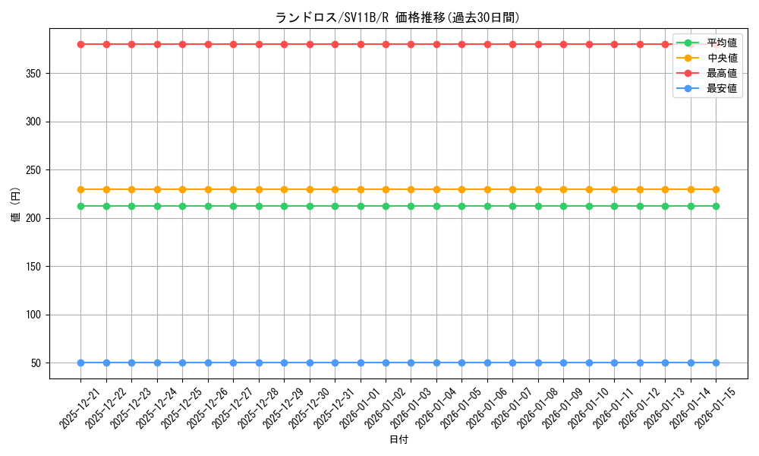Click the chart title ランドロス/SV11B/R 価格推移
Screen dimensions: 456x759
[x=398, y=17]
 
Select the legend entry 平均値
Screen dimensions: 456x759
[x=721, y=43]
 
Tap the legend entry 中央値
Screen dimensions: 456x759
[x=721, y=58]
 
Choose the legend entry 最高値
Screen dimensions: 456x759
[x=721, y=73]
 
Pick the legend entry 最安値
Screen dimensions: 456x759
[x=721, y=88]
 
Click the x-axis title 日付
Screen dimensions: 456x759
[x=398, y=440]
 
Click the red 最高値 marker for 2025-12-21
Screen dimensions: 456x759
[x=80, y=44]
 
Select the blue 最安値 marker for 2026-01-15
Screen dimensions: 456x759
[x=716, y=363]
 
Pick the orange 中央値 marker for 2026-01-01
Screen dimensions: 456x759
[x=361, y=189]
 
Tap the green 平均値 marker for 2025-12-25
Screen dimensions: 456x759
[x=182, y=206]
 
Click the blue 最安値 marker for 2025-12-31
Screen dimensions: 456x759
[x=335, y=363]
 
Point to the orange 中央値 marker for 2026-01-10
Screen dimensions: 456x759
[x=589, y=189]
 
